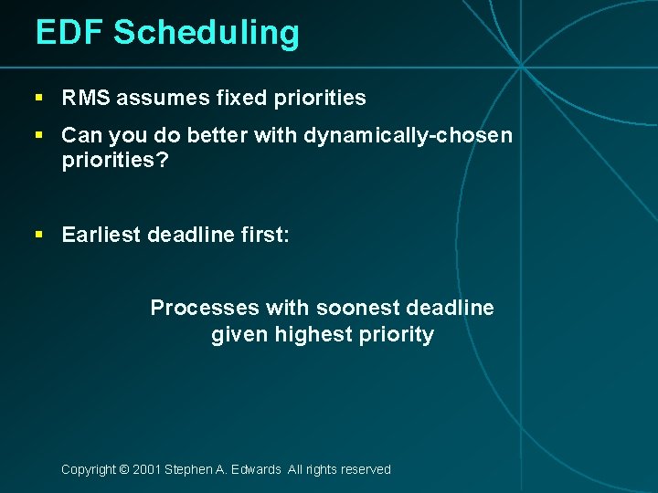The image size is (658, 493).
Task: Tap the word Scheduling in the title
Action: pyautogui.click(x=207, y=34)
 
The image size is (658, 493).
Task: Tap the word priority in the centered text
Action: pyautogui.click(x=397, y=335)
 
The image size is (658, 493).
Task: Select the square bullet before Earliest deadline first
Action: pyautogui.click(x=39, y=235)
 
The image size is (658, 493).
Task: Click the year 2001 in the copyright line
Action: pyautogui.click(x=146, y=469)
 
